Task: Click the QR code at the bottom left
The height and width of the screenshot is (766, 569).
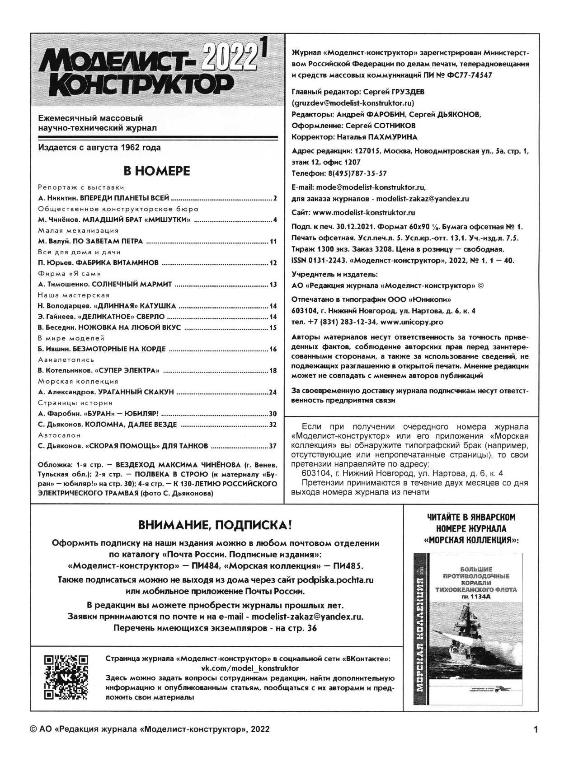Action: pyautogui.click(x=66, y=677)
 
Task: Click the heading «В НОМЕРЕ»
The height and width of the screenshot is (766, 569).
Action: pyautogui.click(x=157, y=171)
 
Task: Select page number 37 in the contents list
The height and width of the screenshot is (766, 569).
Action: pyautogui.click(x=273, y=446)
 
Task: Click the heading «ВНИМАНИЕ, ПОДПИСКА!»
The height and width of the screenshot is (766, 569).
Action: pyautogui.click(x=215, y=525)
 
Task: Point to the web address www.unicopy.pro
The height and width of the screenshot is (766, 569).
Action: pyautogui.click(x=412, y=322)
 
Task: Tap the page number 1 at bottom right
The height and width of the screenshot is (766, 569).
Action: pyautogui.click(x=536, y=729)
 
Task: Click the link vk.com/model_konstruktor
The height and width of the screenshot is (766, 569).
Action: pyautogui.click(x=249, y=668)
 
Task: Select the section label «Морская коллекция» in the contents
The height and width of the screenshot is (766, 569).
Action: pyautogui.click(x=78, y=381)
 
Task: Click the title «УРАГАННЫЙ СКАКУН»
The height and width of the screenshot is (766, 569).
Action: pyautogui.click(x=136, y=392)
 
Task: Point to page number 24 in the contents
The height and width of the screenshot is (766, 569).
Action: pyautogui.click(x=273, y=392)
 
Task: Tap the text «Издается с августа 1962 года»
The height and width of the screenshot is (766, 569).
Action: pyautogui.click(x=99, y=148)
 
